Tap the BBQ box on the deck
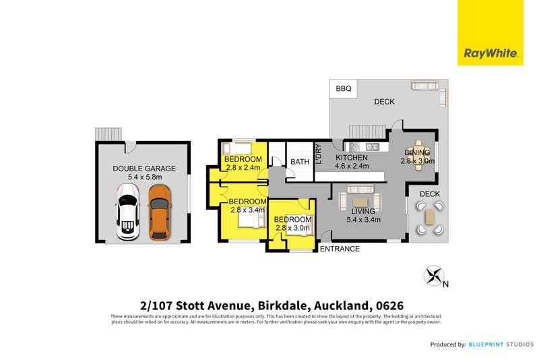[x=343, y=89]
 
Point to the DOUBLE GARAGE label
[x=144, y=169]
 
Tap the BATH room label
[x=300, y=162]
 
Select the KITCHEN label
[x=352, y=158]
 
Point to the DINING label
[x=417, y=152]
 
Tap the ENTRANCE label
[x=339, y=249]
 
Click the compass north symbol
[x=435, y=276]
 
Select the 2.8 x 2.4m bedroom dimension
[x=243, y=168]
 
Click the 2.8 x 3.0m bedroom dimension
[x=292, y=228]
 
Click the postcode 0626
[x=389, y=305]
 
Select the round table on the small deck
[x=430, y=216]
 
